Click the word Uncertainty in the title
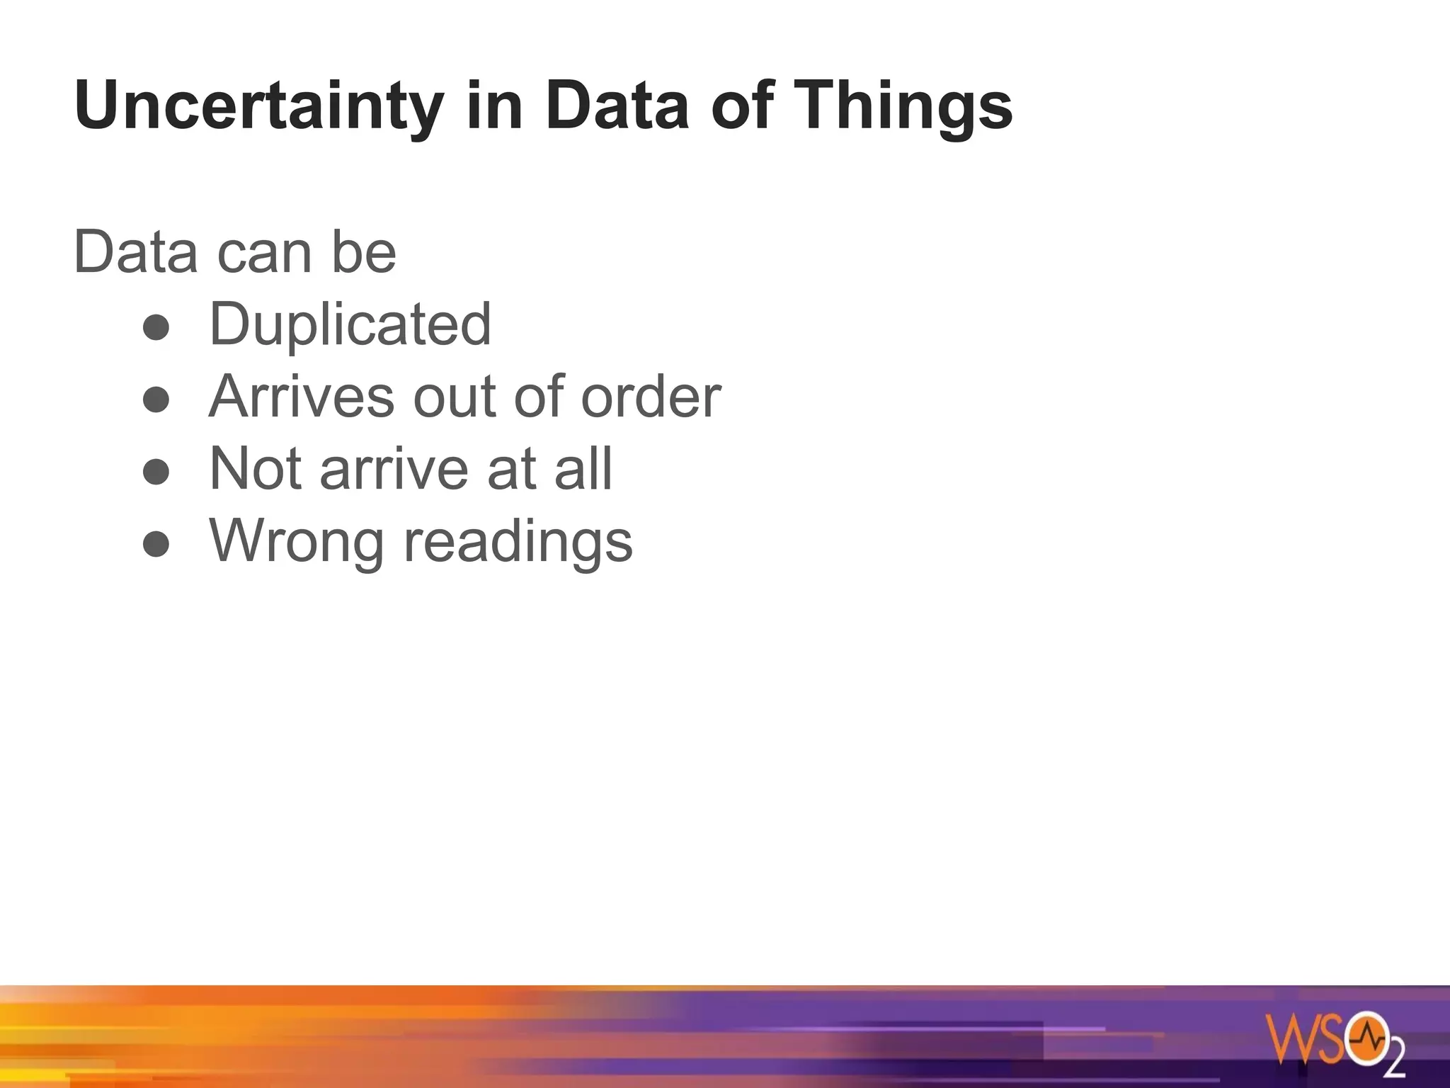click(258, 106)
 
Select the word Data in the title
click(617, 106)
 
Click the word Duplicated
click(350, 324)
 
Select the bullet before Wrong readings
click(156, 545)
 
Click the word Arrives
click(302, 397)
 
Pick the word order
click(650, 397)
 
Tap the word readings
click(518, 541)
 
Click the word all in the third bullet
click(583, 469)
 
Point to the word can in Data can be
click(264, 253)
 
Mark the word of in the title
click(741, 106)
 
